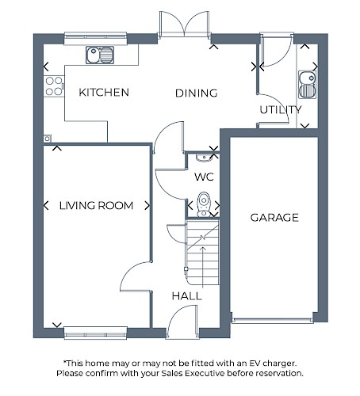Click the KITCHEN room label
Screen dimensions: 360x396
pos(104,92)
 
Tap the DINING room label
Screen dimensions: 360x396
pos(197,93)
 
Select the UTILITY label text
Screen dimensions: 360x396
pos(281,109)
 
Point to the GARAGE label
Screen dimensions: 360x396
pos(274,218)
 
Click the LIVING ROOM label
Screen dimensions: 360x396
pos(96,205)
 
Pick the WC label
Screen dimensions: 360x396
pos(204,177)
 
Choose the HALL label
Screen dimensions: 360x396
pos(187,296)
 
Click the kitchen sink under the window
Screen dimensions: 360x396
pos(100,55)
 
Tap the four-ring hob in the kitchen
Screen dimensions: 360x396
pos(54,86)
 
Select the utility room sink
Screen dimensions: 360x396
pos(307,85)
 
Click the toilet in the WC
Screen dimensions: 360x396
pos(204,204)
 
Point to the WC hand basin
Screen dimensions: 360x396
pos(204,157)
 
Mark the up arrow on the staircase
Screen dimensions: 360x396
pos(203,267)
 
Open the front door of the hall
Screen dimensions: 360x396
pos(182,322)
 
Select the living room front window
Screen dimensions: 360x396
pos(96,333)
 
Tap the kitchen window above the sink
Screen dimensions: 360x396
pos(96,38)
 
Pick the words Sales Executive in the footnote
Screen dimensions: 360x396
pos(193,373)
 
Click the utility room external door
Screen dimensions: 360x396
pos(276,50)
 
